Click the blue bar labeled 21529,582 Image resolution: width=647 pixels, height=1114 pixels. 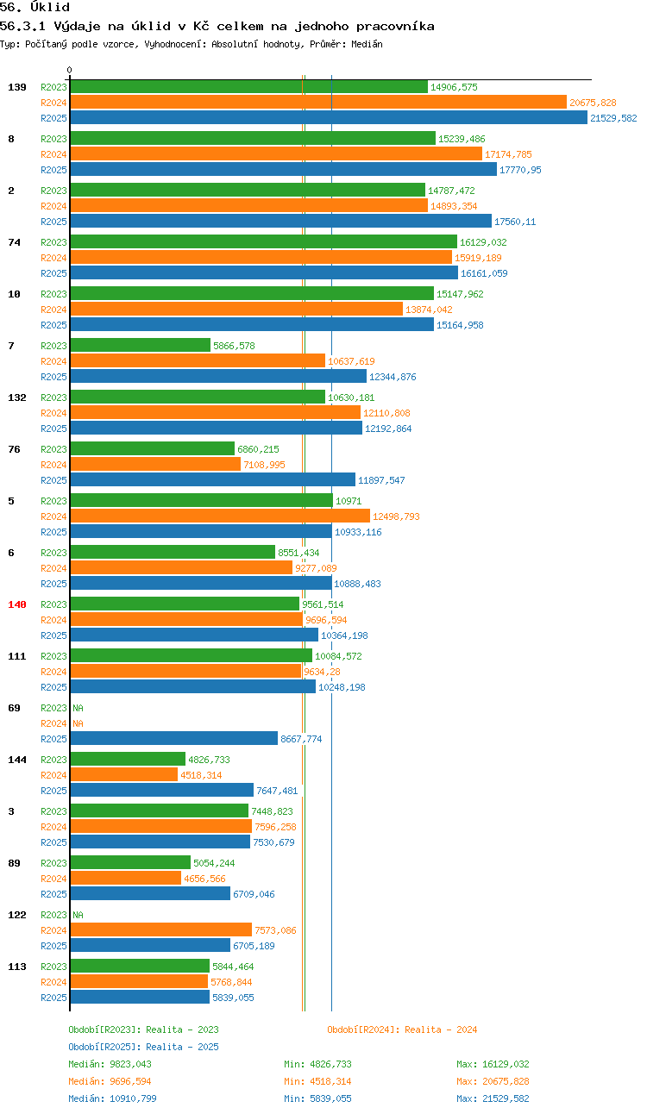329,118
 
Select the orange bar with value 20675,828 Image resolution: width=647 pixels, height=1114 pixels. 318,103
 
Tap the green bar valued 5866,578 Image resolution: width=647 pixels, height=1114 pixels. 141,345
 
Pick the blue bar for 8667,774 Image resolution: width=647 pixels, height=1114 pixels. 174,739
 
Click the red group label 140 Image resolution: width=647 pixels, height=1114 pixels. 17,604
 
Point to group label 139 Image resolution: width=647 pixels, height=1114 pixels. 17,87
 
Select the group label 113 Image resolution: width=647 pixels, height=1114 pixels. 17,967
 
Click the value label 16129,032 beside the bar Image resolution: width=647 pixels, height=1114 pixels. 483,242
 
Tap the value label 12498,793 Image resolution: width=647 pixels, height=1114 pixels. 396,516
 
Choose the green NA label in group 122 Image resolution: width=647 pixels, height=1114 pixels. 79,915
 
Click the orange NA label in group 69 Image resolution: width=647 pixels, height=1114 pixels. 79,723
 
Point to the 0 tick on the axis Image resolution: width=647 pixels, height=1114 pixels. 69,70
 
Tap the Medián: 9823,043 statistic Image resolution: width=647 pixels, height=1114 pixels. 110,1064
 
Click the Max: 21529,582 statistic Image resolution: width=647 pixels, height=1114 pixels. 493,1098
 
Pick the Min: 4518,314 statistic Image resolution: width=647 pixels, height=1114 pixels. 317,1081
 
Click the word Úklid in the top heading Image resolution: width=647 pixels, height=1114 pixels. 50,7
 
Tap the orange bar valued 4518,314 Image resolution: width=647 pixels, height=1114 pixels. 124,774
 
